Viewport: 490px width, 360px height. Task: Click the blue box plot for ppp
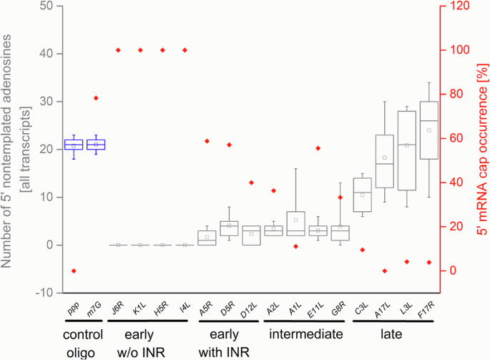(73, 145)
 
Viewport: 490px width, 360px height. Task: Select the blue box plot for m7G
(95, 145)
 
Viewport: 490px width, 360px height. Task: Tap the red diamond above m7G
(95, 98)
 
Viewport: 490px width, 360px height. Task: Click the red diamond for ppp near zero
(73, 271)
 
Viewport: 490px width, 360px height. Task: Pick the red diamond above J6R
(118, 50)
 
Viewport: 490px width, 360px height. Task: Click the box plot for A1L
(295, 223)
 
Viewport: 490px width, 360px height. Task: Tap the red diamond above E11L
(318, 148)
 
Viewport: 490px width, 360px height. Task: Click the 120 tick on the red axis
(454, 6)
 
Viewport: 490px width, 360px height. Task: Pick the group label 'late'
(391, 334)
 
